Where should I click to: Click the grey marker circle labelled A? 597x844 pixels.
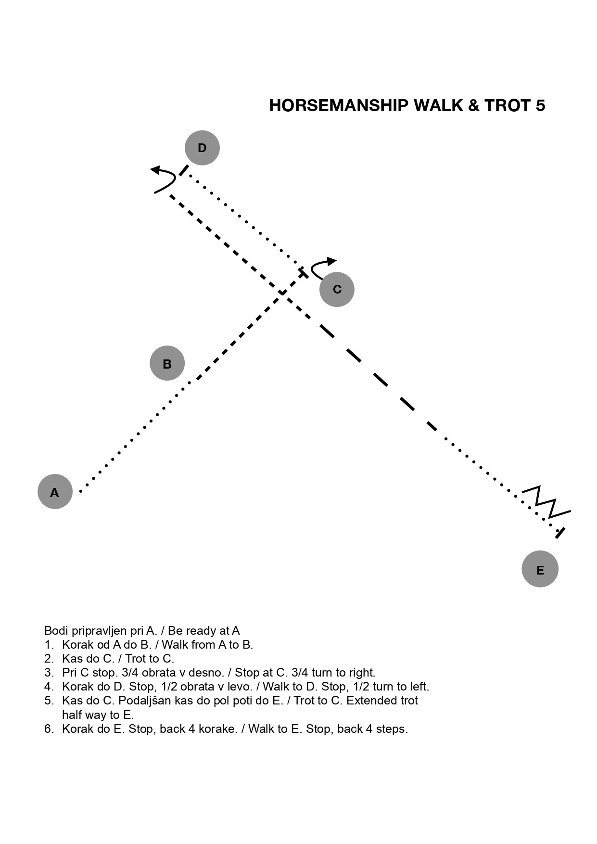(x=55, y=491)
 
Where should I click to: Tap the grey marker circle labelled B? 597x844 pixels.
(x=167, y=363)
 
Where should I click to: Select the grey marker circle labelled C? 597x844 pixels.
(x=337, y=289)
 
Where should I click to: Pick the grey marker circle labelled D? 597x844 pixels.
(x=202, y=148)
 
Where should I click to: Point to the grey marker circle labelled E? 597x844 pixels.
(x=540, y=569)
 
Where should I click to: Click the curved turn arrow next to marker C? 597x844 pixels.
(x=315, y=265)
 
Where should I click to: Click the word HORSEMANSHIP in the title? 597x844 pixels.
(x=339, y=105)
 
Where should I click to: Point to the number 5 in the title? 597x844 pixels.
(x=540, y=105)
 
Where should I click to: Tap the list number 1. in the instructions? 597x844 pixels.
(x=49, y=644)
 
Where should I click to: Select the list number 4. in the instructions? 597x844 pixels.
(x=49, y=686)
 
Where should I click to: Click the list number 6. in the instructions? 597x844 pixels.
(x=49, y=729)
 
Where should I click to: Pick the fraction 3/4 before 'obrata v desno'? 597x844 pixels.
(x=130, y=672)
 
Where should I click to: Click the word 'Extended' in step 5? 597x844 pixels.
(x=367, y=700)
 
